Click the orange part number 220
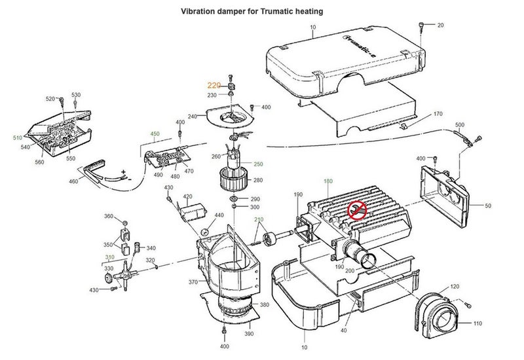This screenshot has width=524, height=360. pyautogui.click(x=214, y=85)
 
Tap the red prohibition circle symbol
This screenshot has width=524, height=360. pyautogui.click(x=358, y=209)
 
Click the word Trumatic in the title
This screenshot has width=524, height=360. pyautogui.click(x=281, y=12)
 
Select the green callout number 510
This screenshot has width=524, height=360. pyautogui.click(x=16, y=138)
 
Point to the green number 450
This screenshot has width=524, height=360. pyautogui.click(x=155, y=134)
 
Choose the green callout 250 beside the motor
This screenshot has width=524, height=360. pyautogui.click(x=258, y=164)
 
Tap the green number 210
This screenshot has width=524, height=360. pyautogui.click(x=259, y=219)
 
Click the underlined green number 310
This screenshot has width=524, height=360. pyautogui.click(x=109, y=257)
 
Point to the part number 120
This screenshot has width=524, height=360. pyautogui.click(x=455, y=287)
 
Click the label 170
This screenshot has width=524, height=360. pyautogui.click(x=438, y=114)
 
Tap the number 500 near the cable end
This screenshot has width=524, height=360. pyautogui.click(x=459, y=124)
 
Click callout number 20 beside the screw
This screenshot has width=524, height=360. pyautogui.click(x=440, y=25)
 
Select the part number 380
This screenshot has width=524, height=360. pyautogui.click(x=264, y=305)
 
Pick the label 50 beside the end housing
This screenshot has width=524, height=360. pyautogui.click(x=487, y=206)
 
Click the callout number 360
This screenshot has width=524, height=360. pyautogui.click(x=109, y=216)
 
